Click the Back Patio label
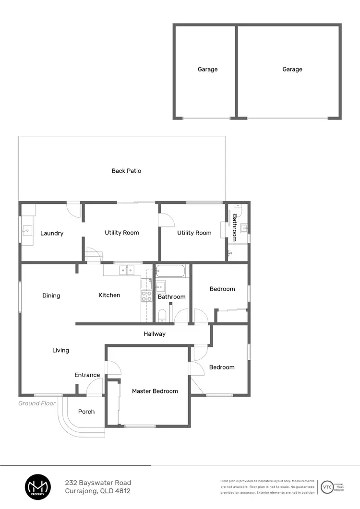126,171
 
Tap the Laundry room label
52,234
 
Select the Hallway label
155,334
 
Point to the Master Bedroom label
155,391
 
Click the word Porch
86,412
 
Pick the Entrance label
87,375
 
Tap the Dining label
51,296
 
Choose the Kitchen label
109,295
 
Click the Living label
60,351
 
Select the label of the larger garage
292,70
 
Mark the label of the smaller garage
208,70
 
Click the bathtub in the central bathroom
170,272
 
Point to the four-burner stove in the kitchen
146,296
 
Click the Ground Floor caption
37,403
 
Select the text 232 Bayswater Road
98,483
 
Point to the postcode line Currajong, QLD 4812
97,491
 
